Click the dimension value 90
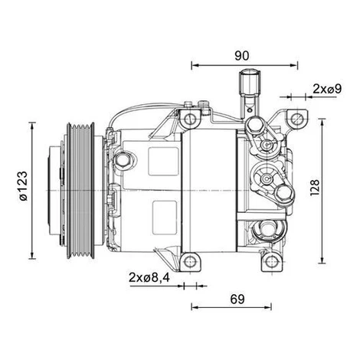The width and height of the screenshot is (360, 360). pos(241,56)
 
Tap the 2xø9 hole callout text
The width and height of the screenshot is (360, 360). pos(327,89)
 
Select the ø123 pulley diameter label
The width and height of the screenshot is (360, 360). pos(24,186)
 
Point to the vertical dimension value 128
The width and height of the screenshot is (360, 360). pos(315,188)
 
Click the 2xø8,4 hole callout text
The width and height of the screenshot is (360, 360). pos(149,277)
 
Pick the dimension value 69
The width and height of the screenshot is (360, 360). pos(237,299)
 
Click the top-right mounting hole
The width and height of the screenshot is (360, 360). pos(297,119)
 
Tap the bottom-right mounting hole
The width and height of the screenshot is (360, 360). pos(271,262)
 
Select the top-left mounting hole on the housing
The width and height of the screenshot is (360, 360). pos(190,119)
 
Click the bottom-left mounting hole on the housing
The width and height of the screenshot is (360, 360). pos(189,262)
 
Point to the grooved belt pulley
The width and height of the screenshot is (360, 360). pos(80,191)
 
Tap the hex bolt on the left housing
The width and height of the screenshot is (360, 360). pos(123,160)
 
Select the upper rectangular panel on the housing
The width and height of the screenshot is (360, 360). pos(163,162)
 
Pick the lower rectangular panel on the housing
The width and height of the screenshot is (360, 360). pos(165,218)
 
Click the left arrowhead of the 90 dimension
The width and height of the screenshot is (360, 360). pos(195,65)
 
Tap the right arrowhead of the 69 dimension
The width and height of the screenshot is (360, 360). pos(268,307)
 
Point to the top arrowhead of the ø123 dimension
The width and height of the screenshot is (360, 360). pos(32,126)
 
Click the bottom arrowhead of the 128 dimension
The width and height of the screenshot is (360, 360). pos(322,260)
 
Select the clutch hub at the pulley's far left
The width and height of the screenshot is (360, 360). pos(54,190)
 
